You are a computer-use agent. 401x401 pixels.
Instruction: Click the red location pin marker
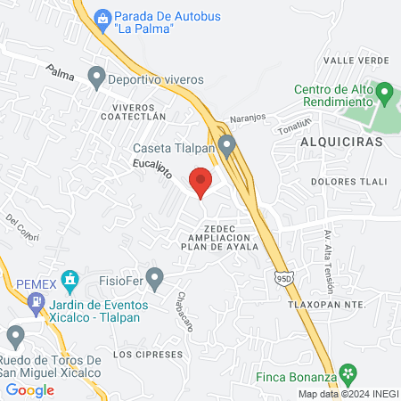pos(201,182)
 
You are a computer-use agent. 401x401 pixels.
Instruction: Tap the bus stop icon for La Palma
pos(102,17)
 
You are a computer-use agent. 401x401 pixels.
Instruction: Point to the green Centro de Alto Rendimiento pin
pos(384,92)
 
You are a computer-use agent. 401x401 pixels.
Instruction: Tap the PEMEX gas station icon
pos(35,302)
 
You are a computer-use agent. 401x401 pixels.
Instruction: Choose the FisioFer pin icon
pos(155,278)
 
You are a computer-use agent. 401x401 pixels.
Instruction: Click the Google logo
pos(30,389)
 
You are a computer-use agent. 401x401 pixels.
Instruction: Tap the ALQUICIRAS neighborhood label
pos(341,142)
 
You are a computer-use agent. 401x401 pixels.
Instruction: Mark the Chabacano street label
pos(184,312)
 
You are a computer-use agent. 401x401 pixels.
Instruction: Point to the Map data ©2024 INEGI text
pos(348,394)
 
